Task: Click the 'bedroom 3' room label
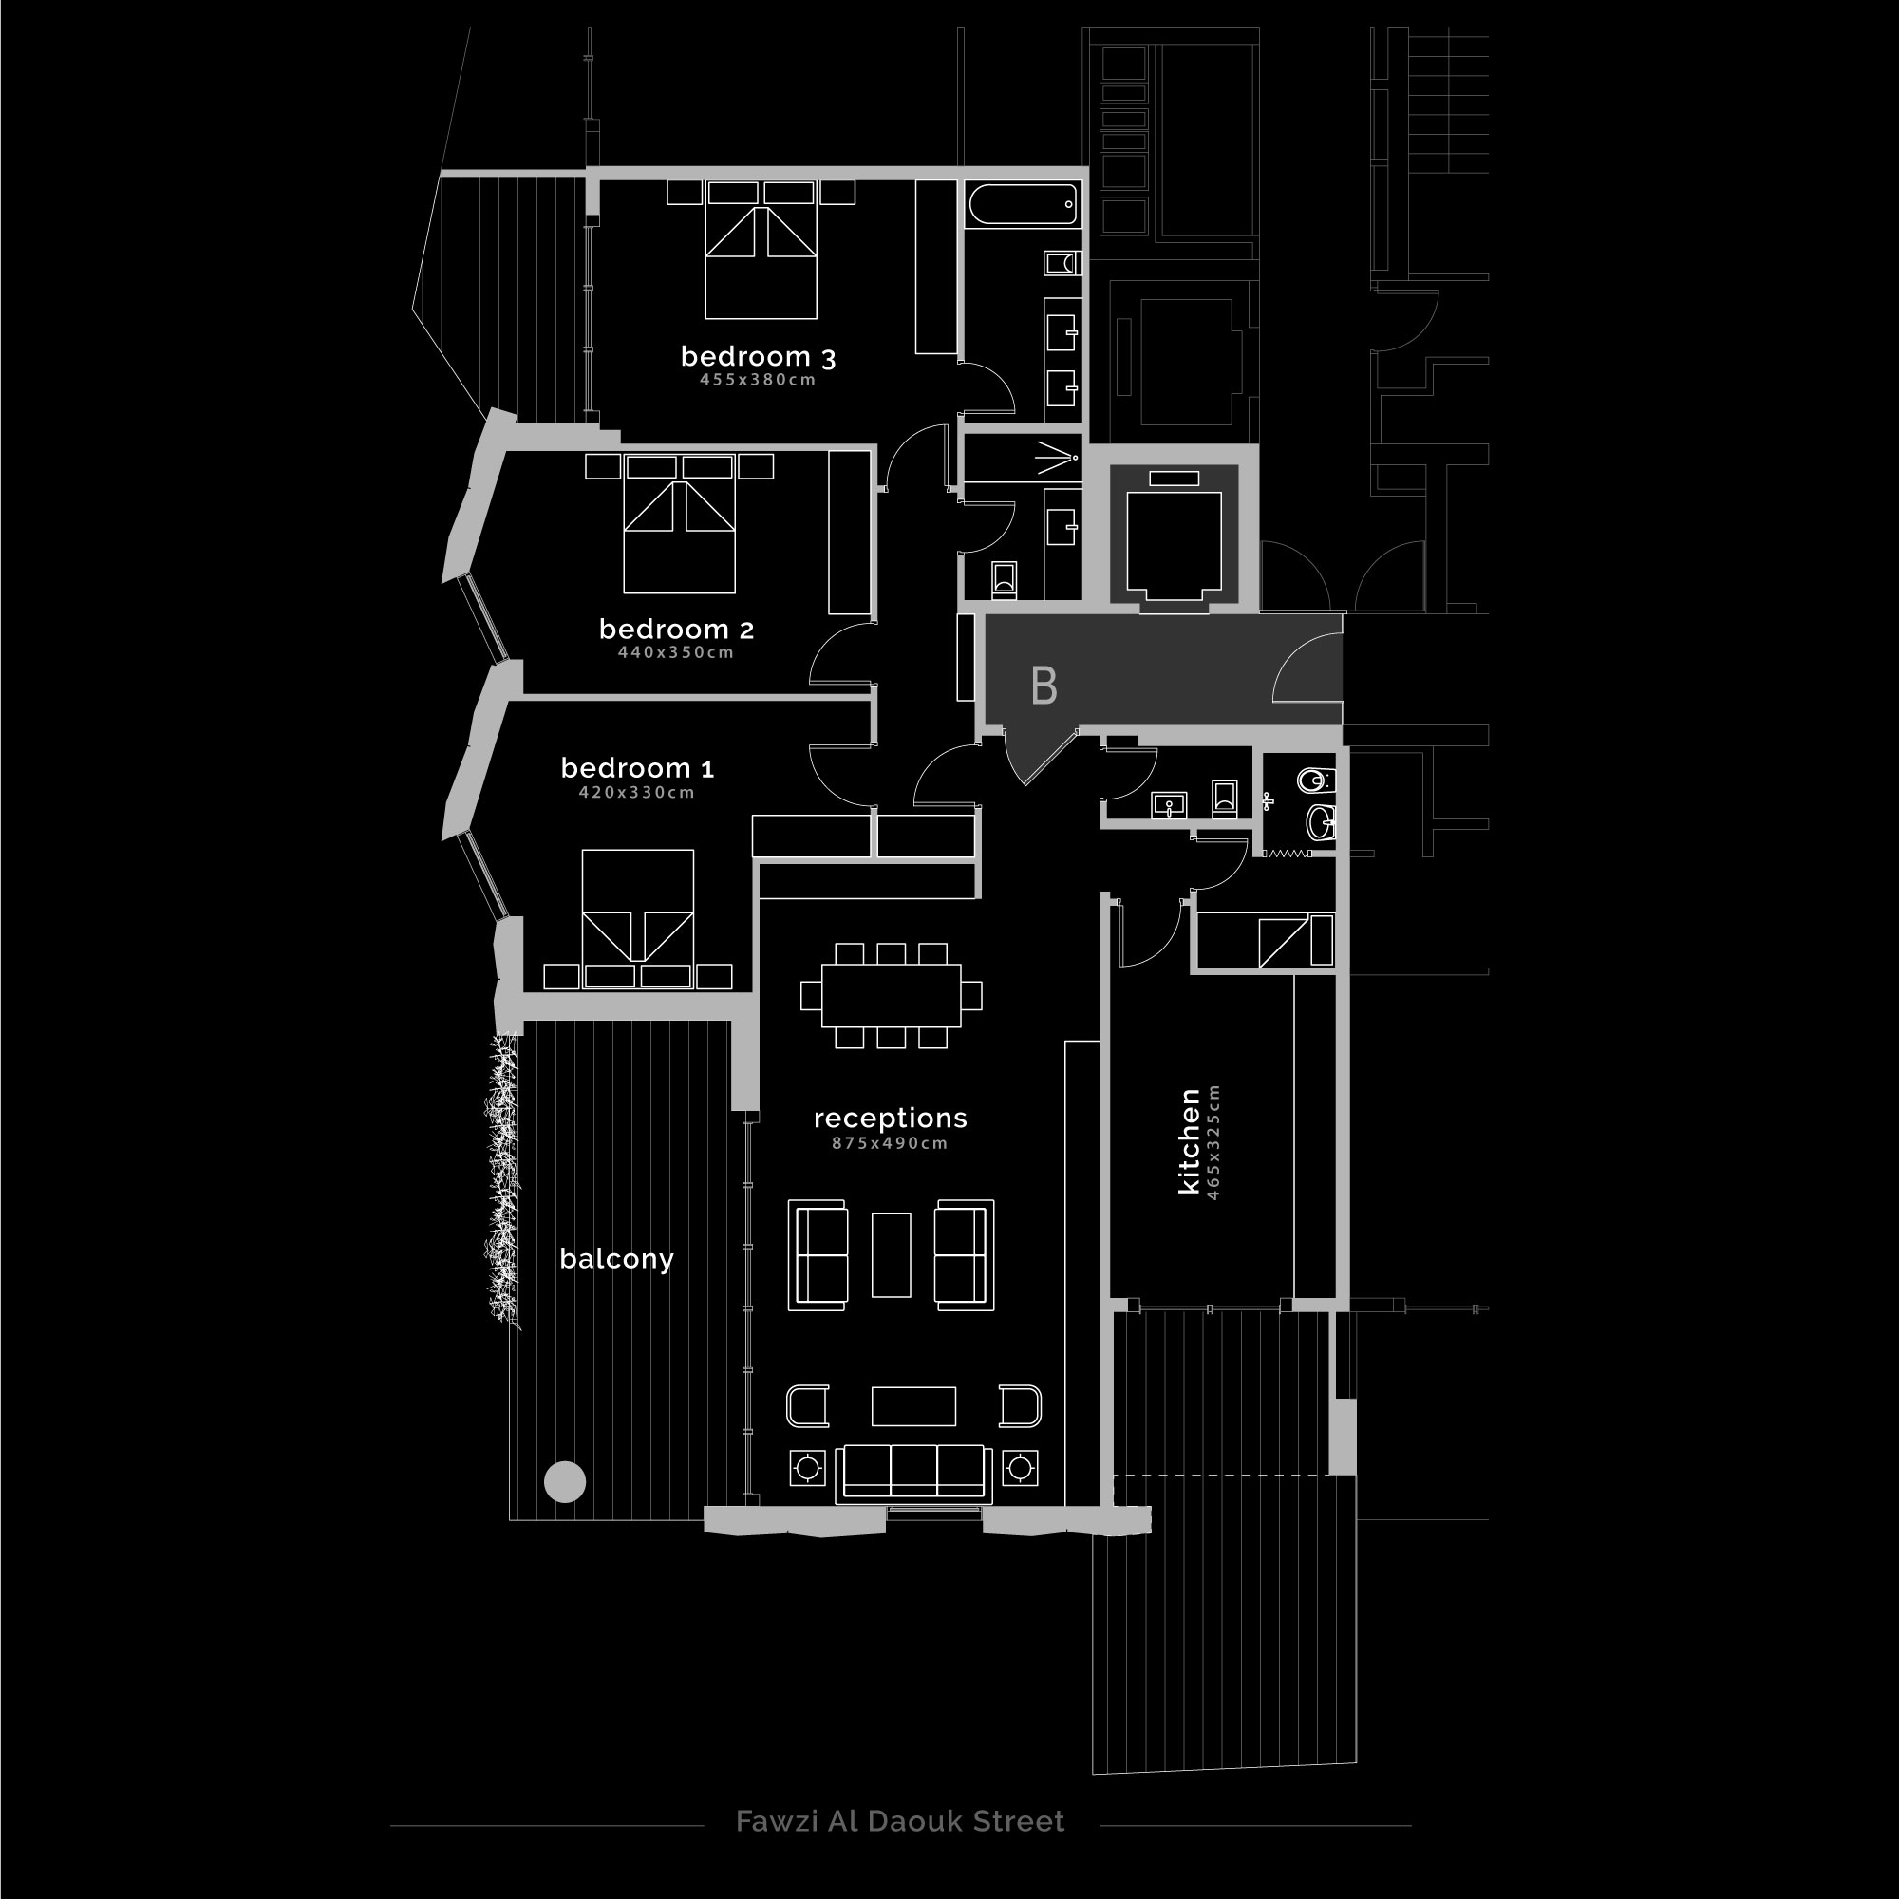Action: tap(758, 357)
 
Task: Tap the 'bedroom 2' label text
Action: tap(676, 630)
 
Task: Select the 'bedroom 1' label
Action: tap(637, 767)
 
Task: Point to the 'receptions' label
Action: tap(891, 1119)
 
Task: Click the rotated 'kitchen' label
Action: tap(1190, 1141)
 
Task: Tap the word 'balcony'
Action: tap(616, 1259)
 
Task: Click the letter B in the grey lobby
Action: tap(1044, 686)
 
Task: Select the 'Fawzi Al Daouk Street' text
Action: tap(899, 1821)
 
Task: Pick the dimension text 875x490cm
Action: tap(890, 1143)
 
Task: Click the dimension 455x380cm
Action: tap(758, 381)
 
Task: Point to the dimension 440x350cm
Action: tap(676, 652)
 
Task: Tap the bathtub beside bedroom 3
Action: tap(1024, 205)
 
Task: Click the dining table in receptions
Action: tap(891, 995)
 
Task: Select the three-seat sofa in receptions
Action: tap(913, 1474)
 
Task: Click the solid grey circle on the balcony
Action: tap(565, 1481)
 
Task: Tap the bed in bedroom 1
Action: tap(638, 918)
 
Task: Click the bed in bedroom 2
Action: tap(679, 524)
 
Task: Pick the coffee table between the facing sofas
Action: tap(891, 1255)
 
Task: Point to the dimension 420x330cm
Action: tap(637, 792)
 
